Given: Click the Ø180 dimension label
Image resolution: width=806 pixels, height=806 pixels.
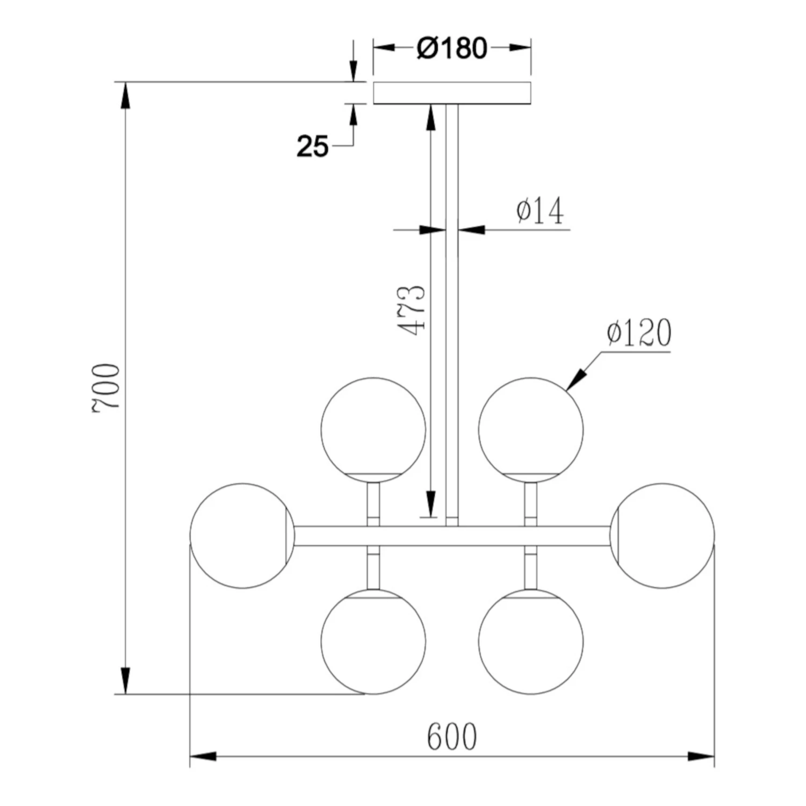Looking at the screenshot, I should [452, 48].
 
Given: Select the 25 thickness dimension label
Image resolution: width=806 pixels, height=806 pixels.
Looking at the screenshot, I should [312, 146].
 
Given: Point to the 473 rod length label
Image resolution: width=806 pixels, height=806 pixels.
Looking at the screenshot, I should [413, 311].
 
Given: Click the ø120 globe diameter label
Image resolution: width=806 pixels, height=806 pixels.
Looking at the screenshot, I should [639, 333].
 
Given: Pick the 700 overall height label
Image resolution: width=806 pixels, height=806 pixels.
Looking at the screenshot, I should [106, 387].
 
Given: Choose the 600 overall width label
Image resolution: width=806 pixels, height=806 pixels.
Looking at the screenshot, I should [452, 737].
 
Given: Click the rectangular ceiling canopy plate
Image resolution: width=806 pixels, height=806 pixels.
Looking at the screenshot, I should [452, 93].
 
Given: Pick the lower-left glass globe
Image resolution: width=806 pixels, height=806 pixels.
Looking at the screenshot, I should [373, 641].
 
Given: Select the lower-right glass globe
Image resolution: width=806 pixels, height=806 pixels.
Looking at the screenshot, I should [530, 641].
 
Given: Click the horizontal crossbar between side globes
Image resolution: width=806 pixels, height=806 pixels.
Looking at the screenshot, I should [452, 536].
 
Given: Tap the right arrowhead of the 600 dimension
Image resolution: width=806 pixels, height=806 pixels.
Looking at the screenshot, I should [702, 757].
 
